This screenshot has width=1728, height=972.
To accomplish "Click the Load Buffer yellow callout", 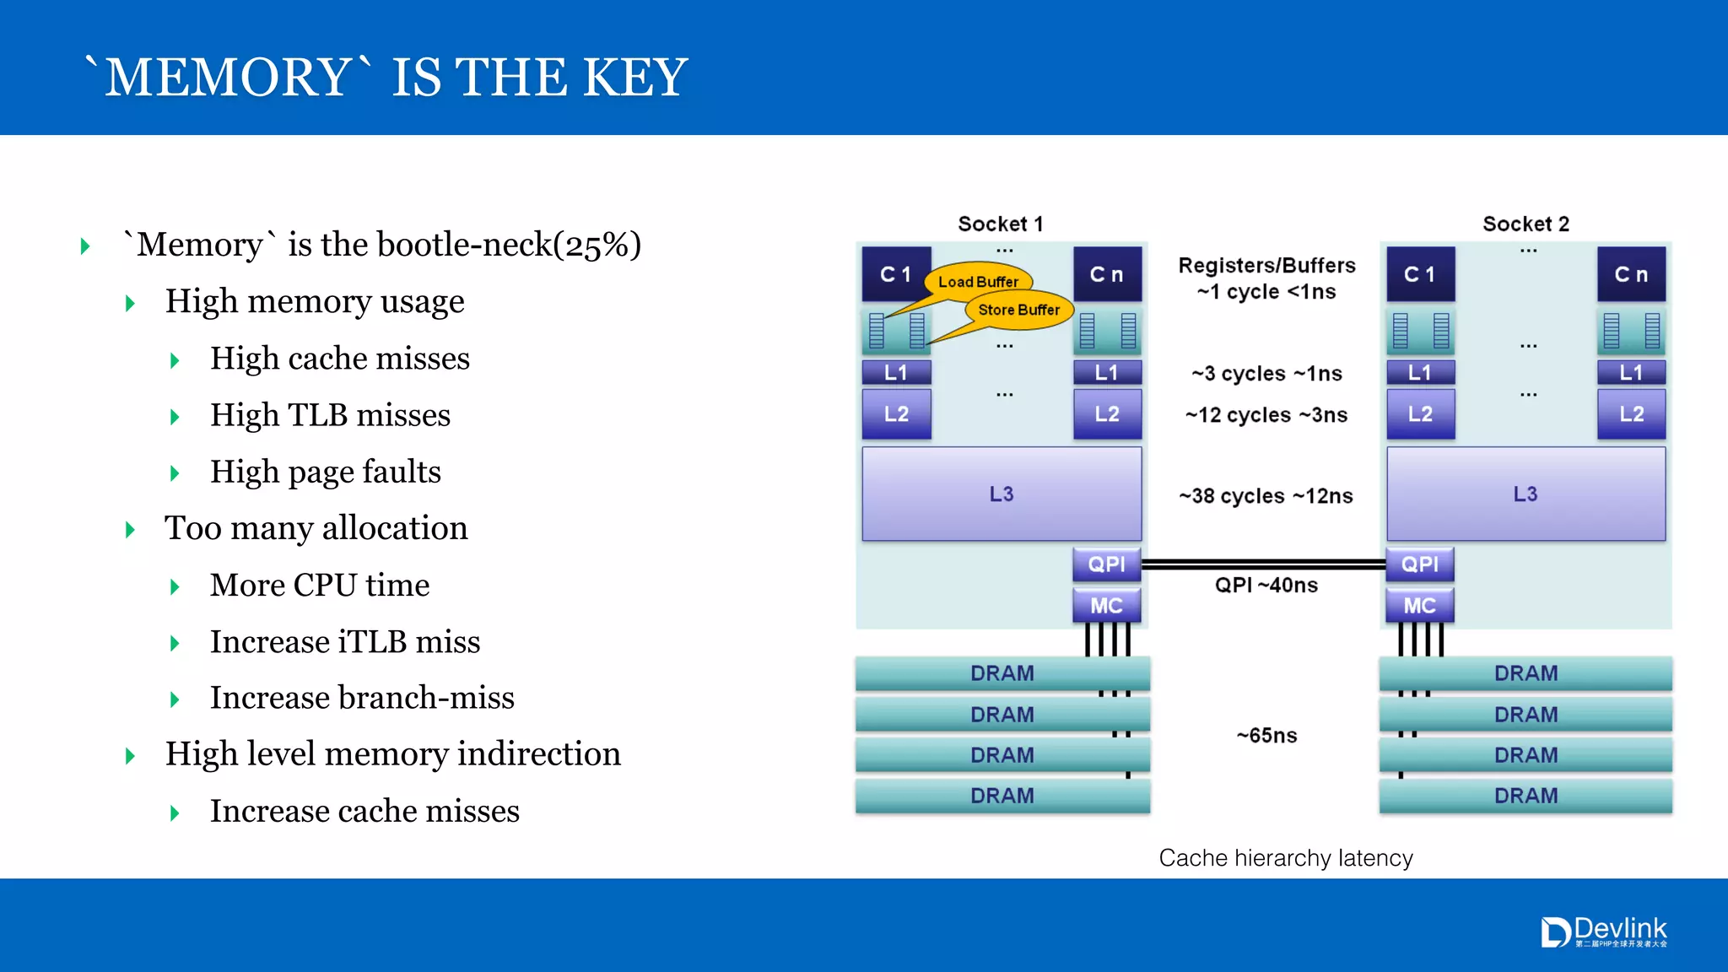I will (978, 281).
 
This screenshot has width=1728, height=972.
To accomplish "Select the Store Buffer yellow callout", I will (1018, 310).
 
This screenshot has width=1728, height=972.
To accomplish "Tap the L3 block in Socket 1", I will (1002, 494).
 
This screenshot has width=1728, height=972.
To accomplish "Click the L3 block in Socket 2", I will (1525, 494).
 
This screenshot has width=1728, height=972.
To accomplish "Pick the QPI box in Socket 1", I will (1106, 564).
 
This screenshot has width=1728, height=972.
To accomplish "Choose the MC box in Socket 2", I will (1419, 605).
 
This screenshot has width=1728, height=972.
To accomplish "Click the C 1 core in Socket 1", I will (895, 274).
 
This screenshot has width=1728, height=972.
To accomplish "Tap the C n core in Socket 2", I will (1631, 274).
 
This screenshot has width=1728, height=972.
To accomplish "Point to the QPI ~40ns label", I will (1266, 585).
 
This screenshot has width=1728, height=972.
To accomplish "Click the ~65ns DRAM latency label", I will (1266, 735).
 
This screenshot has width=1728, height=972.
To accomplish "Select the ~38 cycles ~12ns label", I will (1266, 495).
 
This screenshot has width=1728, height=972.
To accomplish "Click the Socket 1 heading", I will (1001, 224).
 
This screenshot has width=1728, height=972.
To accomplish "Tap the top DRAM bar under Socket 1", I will (1002, 673).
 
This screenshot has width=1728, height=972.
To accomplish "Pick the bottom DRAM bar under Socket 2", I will (1525, 796).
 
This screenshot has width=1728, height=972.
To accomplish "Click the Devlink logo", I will (1604, 932).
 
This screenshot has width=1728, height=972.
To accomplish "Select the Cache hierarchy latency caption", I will (1285, 857).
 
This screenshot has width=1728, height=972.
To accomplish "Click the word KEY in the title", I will (634, 77).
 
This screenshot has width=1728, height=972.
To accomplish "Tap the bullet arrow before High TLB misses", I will (175, 417).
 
